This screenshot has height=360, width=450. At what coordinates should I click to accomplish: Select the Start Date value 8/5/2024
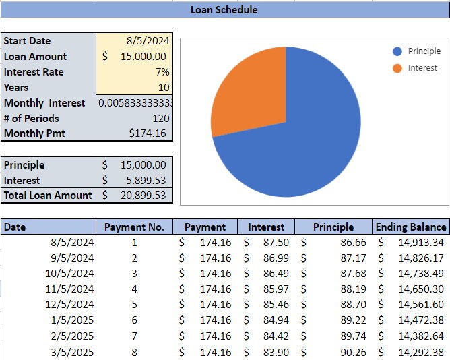click(x=148, y=41)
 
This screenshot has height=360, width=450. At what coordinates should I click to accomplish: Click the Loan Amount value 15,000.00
click(x=143, y=57)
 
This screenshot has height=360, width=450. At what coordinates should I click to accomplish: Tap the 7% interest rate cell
click(x=162, y=72)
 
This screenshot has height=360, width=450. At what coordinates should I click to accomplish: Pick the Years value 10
click(x=164, y=88)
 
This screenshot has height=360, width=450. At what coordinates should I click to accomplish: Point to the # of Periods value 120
click(x=160, y=119)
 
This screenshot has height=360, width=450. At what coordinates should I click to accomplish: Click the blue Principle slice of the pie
click(x=310, y=135)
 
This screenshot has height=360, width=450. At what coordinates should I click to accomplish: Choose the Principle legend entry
click(x=424, y=51)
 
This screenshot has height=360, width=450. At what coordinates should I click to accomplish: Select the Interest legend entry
click(x=422, y=68)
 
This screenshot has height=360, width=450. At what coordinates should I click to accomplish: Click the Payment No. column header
click(x=134, y=227)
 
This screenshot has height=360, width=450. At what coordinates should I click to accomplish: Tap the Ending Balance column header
click(x=411, y=227)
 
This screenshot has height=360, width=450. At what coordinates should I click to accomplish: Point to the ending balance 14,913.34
click(x=420, y=243)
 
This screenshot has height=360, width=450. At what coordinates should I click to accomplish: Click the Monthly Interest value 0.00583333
click(x=135, y=103)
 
